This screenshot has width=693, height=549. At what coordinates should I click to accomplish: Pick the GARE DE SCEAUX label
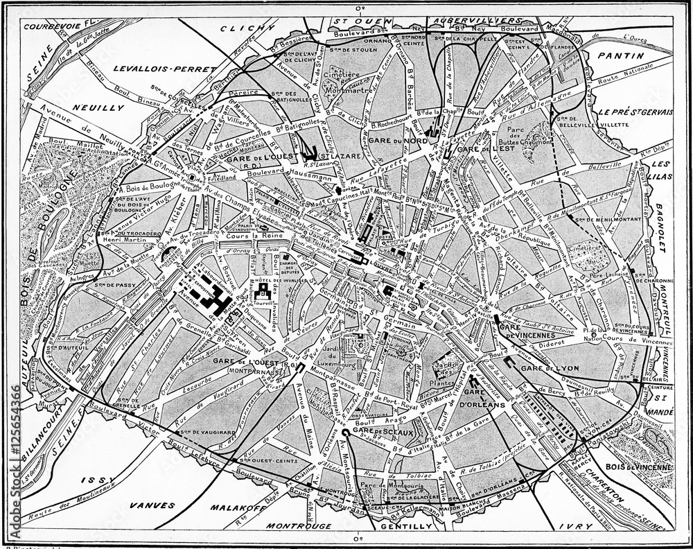coord(373,433)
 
